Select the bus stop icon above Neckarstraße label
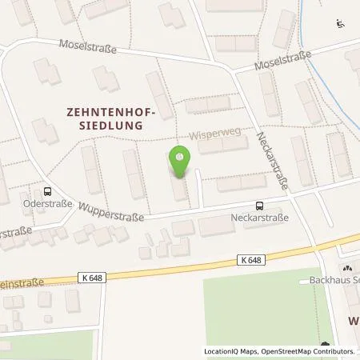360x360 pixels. [258, 205]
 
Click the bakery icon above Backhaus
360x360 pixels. [348, 269]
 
